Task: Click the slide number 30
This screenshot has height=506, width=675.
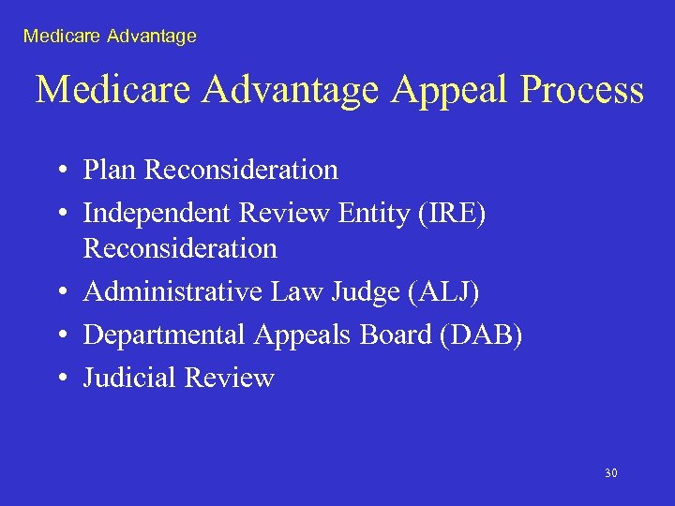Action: [x=611, y=473]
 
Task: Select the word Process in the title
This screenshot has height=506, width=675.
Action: [x=583, y=91]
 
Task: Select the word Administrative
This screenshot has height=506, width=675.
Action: [x=172, y=292]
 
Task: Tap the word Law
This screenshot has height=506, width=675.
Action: [x=293, y=292]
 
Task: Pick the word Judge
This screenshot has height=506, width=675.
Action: [x=363, y=293]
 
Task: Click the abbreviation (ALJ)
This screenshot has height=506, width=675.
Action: [x=442, y=292]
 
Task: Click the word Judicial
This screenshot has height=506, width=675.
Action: [x=130, y=378]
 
